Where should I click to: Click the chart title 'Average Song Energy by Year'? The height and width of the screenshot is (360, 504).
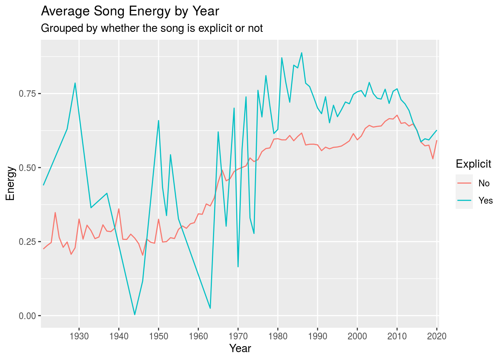click(x=130, y=11)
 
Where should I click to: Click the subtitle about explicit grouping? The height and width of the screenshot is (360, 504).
click(x=152, y=28)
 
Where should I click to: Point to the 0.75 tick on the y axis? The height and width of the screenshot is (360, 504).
click(x=27, y=94)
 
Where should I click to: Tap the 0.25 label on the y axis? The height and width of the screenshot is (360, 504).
click(x=27, y=242)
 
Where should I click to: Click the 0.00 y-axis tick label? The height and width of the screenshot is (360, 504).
click(x=27, y=316)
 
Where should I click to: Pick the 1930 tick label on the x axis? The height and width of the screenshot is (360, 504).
click(x=79, y=336)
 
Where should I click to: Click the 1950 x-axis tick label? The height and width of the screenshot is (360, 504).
click(x=159, y=336)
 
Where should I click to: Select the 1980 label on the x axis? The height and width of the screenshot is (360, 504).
click(x=278, y=336)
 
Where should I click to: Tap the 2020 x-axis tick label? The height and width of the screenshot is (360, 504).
click(x=437, y=336)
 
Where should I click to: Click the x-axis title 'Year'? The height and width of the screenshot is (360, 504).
click(x=240, y=348)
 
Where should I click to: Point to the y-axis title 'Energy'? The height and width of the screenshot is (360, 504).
click(x=10, y=183)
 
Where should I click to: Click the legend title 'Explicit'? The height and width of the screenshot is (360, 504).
click(x=473, y=164)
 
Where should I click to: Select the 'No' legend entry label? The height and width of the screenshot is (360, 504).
click(x=484, y=183)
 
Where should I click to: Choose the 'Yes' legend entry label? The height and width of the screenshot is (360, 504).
click(x=486, y=201)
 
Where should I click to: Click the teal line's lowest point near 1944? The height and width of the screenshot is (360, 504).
click(x=135, y=315)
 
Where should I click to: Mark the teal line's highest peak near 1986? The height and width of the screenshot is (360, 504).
click(x=302, y=53)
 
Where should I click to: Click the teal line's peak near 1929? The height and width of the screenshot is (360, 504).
click(x=75, y=83)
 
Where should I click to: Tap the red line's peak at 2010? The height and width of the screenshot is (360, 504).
click(x=397, y=115)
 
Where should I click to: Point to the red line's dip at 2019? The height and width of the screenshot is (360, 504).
click(x=433, y=159)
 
